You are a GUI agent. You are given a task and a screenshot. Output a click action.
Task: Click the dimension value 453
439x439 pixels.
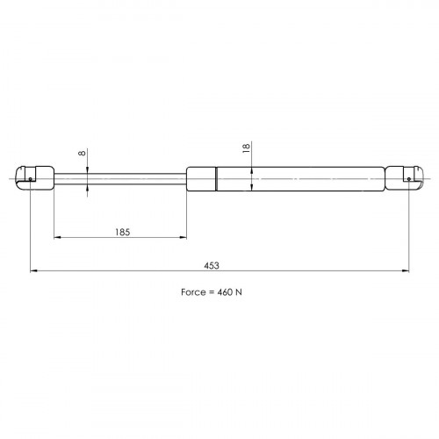[x=212, y=265]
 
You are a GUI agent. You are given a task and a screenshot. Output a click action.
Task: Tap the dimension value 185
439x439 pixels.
[x=122, y=232]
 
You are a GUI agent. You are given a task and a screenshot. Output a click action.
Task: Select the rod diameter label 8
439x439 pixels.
[x=83, y=153]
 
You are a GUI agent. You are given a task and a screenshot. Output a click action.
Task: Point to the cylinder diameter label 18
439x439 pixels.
[x=247, y=148]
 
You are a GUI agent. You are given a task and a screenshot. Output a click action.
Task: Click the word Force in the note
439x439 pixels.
[x=193, y=292]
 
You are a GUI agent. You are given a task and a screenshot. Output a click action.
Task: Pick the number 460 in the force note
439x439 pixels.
[x=225, y=292]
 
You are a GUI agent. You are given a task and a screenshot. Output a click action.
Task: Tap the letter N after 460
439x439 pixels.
[x=239, y=292]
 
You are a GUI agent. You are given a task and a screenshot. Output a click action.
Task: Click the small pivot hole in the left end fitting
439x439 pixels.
[x=31, y=179]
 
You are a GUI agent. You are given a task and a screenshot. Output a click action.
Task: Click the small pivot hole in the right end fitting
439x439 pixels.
[x=409, y=179]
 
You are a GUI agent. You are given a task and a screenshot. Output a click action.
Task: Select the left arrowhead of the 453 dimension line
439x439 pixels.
[x=33, y=271]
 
